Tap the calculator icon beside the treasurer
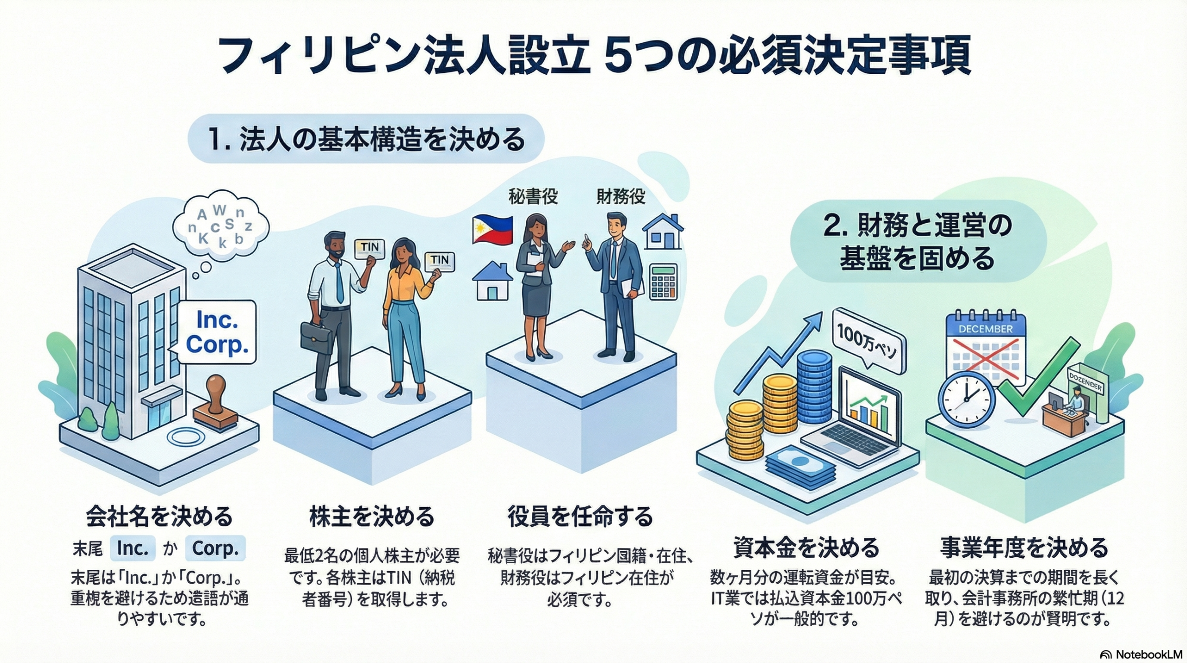664,281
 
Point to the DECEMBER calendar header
985,329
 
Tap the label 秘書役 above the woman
533,197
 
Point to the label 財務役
620,197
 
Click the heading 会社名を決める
159,516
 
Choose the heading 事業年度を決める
1024,548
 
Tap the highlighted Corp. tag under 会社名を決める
215,548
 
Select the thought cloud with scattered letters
221,228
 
